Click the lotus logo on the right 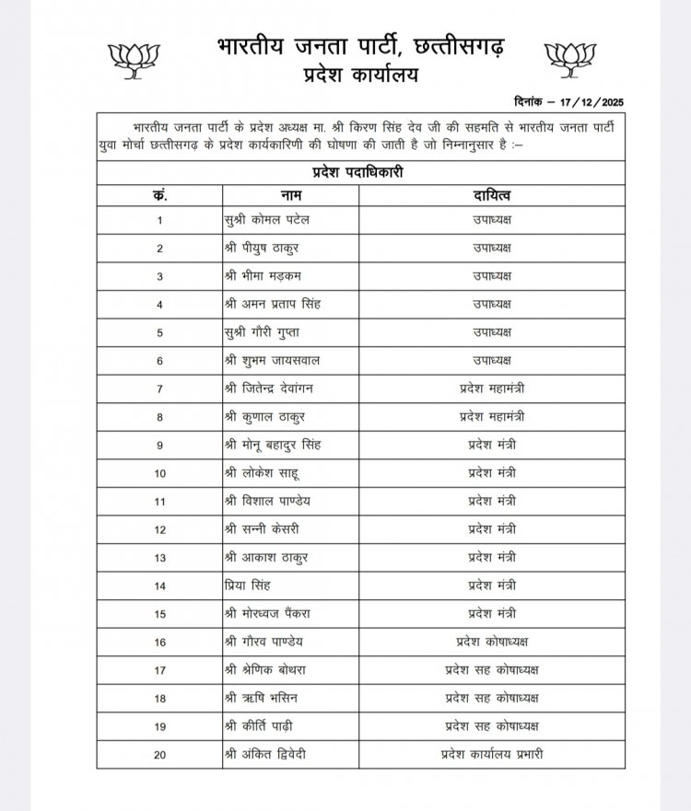[572, 58]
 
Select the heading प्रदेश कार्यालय [353, 75]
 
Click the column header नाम [291, 195]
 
